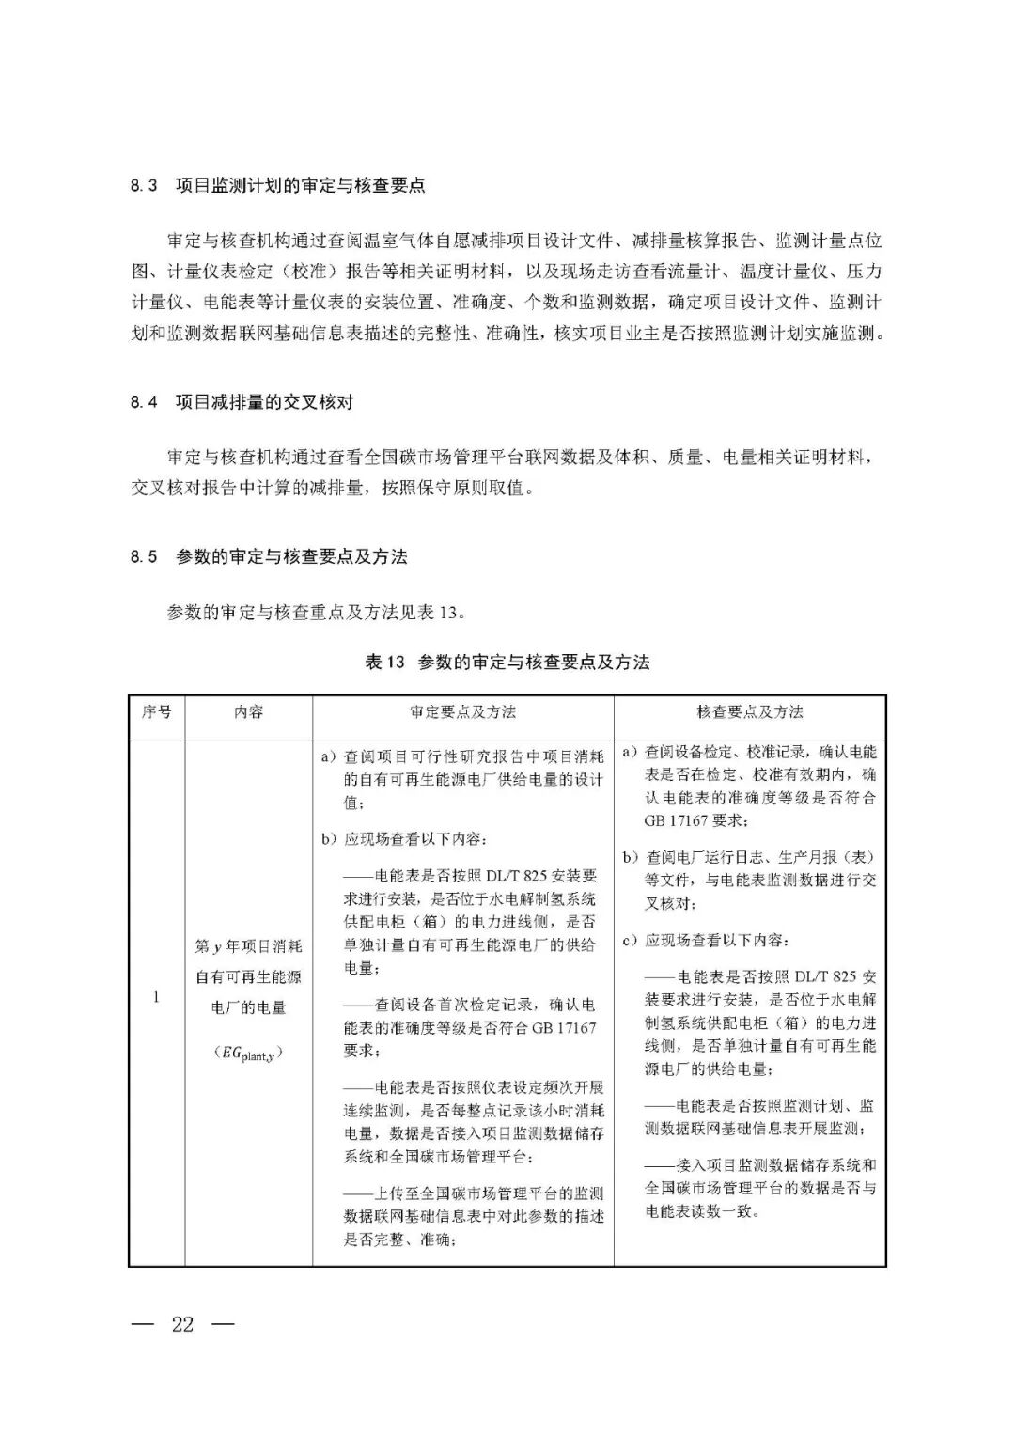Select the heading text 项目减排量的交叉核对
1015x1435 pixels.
click(264, 402)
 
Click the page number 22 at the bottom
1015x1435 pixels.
click(182, 1324)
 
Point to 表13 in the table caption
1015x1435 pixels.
click(384, 663)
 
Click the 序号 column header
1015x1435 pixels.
click(156, 712)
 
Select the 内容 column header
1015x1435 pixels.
click(248, 712)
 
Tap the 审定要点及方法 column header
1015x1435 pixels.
click(462, 712)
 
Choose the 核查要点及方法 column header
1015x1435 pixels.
click(749, 712)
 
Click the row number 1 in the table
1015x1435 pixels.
click(156, 997)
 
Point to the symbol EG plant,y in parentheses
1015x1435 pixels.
click(248, 1053)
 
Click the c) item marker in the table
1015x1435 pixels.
click(631, 941)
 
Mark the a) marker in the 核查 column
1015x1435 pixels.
click(631, 753)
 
